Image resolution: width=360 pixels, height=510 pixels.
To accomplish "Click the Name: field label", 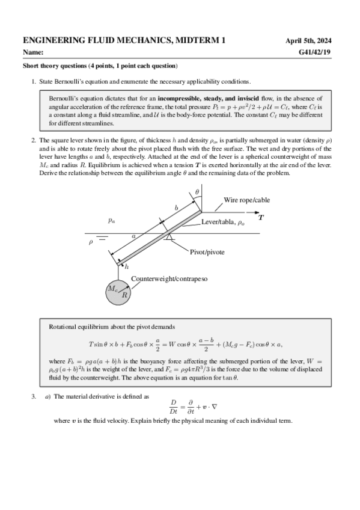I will tap(34, 53).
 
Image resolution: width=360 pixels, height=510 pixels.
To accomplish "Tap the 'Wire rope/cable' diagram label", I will tap(247, 200).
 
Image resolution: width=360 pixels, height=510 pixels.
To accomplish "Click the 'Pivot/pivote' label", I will tap(207, 252).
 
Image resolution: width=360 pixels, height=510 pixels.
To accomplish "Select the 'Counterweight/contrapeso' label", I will tap(170, 279).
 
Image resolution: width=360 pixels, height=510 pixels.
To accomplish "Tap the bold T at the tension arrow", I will tap(260, 218).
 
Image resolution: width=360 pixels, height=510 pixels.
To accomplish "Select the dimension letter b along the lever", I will tap(176, 207).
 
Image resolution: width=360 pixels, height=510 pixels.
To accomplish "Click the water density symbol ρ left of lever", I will tap(91, 242).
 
